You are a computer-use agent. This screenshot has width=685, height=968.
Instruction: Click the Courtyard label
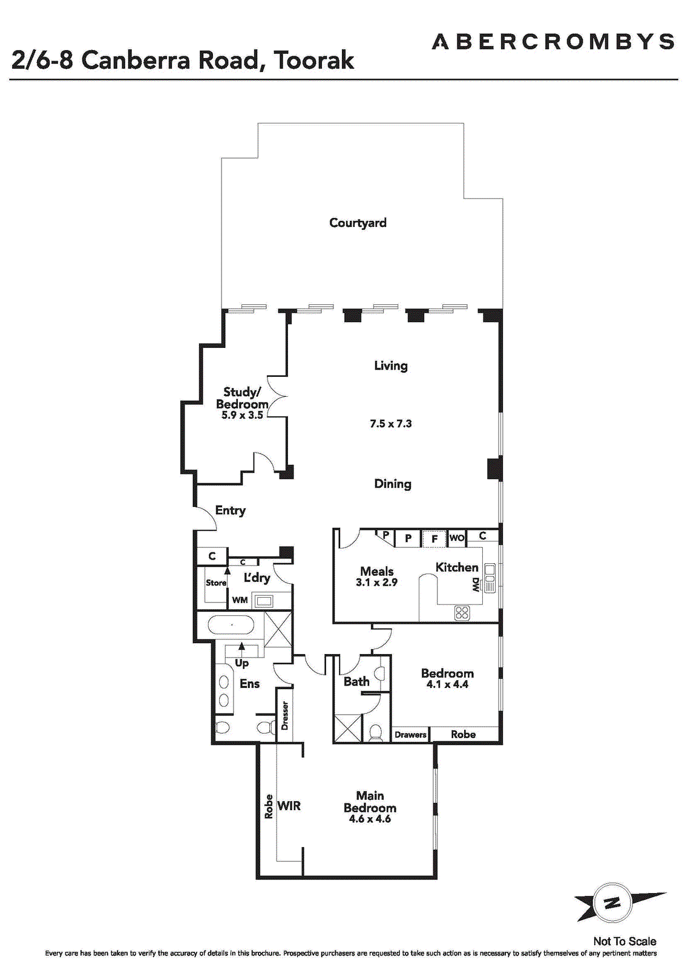pyautogui.click(x=358, y=223)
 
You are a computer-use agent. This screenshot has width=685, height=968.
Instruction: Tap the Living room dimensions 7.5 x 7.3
pyautogui.click(x=391, y=423)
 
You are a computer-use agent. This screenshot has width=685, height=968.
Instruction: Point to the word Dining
pyautogui.click(x=392, y=484)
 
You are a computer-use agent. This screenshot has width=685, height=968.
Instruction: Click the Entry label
pyautogui.click(x=231, y=511)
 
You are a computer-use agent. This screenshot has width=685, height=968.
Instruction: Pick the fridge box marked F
pyautogui.click(x=434, y=539)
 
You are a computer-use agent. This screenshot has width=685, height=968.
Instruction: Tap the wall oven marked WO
pyautogui.click(x=457, y=538)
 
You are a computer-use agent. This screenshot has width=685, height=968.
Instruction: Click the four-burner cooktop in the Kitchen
pyautogui.click(x=462, y=612)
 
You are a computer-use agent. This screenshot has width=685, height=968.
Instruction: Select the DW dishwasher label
pyautogui.click(x=475, y=585)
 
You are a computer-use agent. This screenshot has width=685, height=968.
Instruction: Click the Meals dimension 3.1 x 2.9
pyautogui.click(x=376, y=582)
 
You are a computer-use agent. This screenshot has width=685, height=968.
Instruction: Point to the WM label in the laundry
pyautogui.click(x=240, y=600)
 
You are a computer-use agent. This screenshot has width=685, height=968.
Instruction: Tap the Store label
pyautogui.click(x=215, y=583)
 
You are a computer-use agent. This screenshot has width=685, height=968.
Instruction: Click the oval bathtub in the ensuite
pyautogui.click(x=230, y=625)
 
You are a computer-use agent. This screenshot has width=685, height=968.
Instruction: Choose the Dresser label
pyautogui.click(x=284, y=715)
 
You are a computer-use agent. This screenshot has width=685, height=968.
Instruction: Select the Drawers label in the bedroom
pyautogui.click(x=410, y=734)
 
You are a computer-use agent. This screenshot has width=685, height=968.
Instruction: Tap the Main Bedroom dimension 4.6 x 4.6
pyautogui.click(x=370, y=819)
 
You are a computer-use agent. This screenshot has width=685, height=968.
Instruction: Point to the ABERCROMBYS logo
pyautogui.click(x=552, y=42)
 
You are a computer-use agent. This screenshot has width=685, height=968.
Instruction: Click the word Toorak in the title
pyautogui.click(x=314, y=60)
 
